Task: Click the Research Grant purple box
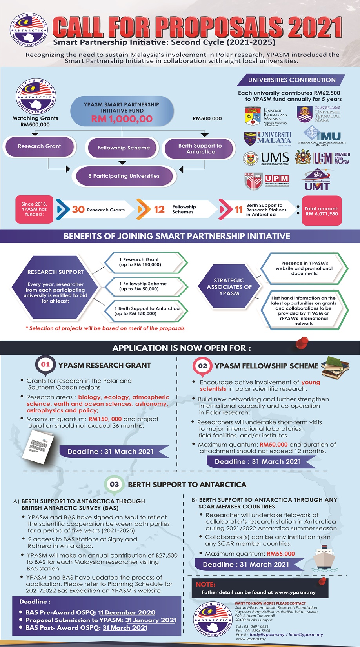coord(39,146)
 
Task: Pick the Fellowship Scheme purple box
coord(124,148)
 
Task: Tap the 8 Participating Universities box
coord(124,176)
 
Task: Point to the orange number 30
coord(78,210)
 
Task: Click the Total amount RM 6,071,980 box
coord(321,211)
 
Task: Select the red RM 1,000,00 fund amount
coord(122,119)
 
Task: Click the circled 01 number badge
coord(45,365)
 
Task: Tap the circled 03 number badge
coord(114,484)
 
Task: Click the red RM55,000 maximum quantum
coord(281,554)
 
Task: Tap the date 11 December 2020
coord(127,612)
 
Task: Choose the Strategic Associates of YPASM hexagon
coord(229,287)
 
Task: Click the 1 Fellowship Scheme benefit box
coord(144,286)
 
